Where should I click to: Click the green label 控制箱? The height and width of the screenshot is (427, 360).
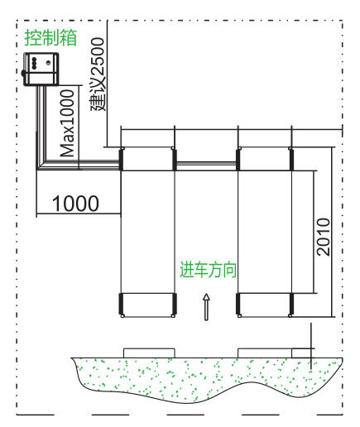point(50,37)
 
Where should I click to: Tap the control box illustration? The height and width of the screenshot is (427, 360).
point(41,69)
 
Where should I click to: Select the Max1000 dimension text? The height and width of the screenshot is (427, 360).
point(68,123)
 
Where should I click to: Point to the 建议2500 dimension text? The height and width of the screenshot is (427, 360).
point(98,74)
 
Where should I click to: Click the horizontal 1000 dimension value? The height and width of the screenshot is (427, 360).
point(75,204)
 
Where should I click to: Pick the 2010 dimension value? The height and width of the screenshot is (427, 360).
point(324,237)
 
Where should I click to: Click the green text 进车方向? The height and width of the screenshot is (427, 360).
point(209,270)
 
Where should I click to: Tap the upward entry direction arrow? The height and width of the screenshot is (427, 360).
point(206,307)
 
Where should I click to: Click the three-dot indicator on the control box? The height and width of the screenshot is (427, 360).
point(35,63)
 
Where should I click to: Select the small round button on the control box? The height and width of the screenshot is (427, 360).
point(48,63)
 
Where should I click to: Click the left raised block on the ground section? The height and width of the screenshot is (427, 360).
point(149,353)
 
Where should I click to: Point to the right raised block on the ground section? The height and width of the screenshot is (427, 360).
point(265,353)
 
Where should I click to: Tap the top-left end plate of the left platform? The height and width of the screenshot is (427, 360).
point(121,159)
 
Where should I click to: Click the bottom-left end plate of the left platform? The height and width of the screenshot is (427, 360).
point(121,304)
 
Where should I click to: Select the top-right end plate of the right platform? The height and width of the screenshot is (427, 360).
point(291,159)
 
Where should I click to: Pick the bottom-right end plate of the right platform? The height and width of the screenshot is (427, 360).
point(291,304)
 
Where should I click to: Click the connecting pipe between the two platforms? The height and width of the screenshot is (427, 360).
point(206,164)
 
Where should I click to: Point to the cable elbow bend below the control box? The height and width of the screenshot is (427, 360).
point(41,165)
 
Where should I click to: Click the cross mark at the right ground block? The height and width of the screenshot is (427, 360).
point(311,349)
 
